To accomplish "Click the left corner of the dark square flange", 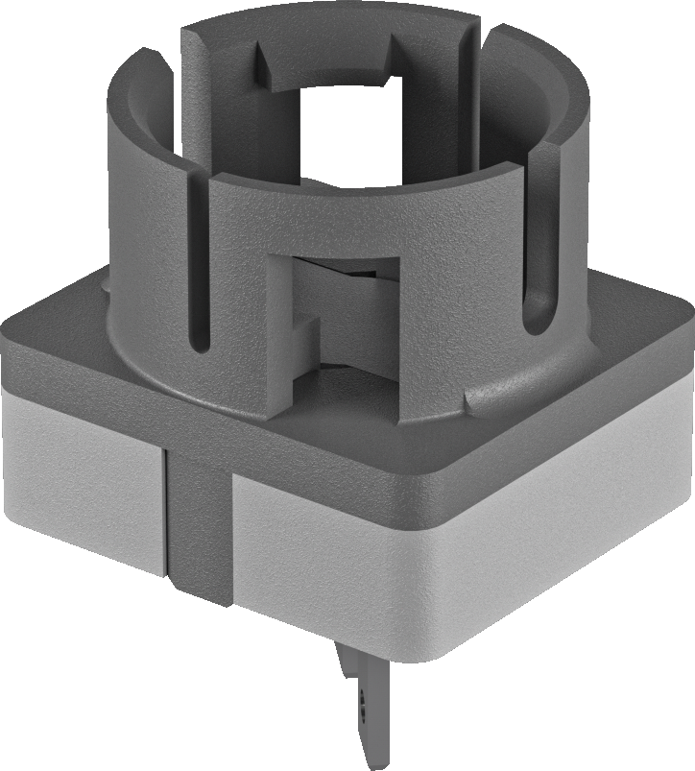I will [x=13, y=331].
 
